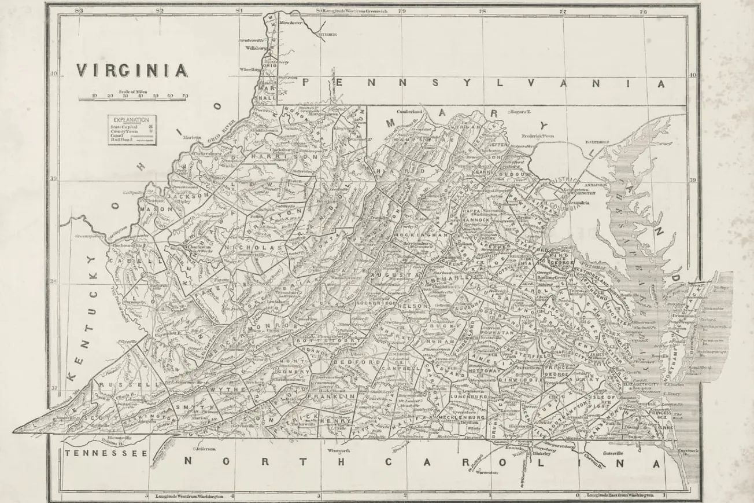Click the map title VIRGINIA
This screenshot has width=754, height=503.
(132, 71)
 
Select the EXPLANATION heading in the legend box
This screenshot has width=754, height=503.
(131, 119)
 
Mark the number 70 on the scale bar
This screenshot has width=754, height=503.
(185, 96)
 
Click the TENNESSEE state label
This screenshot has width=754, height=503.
(106, 453)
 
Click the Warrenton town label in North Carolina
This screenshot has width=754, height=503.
(487, 472)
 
